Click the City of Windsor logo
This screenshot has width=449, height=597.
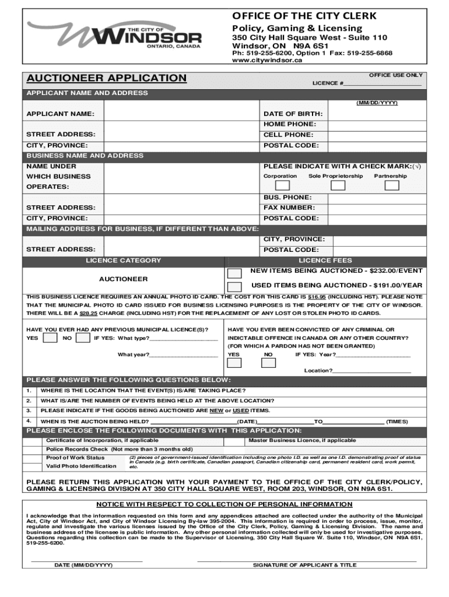114,36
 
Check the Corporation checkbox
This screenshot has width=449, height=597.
282,185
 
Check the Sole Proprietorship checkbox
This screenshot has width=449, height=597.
337,185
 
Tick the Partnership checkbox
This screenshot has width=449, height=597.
392,185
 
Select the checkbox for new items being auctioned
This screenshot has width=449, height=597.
234,273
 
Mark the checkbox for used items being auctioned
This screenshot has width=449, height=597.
234,286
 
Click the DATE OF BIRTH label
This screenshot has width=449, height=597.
293,114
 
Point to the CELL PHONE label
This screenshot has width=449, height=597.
288,135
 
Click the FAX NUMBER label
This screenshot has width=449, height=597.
289,208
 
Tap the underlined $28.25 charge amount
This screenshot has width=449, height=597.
88,314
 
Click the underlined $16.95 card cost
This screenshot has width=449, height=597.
317,297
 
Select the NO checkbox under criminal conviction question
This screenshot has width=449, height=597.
268,363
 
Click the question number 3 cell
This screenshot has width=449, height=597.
29,410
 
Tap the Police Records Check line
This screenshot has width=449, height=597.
119,449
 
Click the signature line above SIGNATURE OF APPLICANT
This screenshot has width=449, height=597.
307,560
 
